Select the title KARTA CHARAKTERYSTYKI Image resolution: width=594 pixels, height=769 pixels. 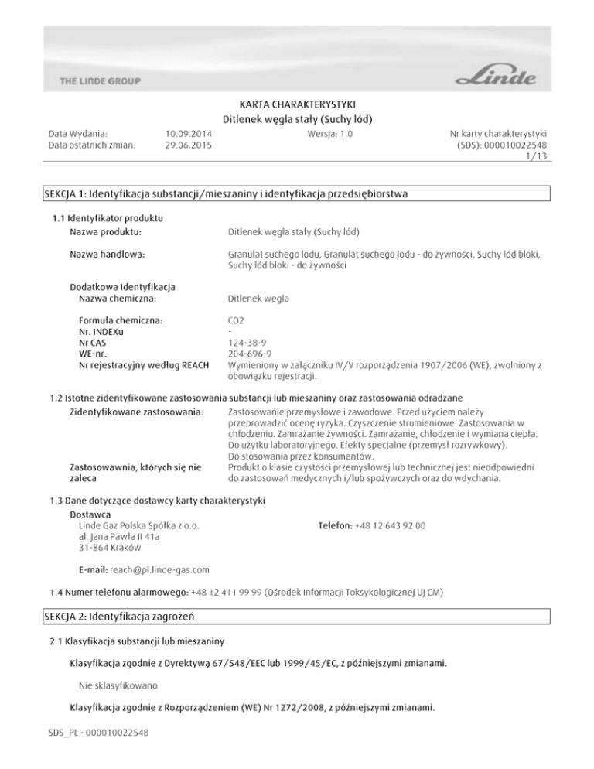coord(298,104)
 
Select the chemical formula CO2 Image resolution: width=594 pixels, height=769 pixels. coord(237,320)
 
